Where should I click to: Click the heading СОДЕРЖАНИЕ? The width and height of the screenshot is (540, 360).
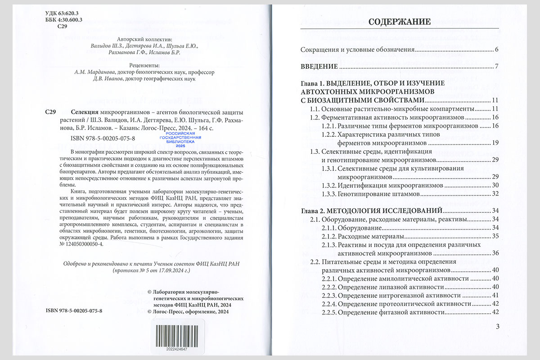399,22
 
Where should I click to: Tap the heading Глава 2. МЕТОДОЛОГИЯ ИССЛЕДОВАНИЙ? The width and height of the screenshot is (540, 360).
371,211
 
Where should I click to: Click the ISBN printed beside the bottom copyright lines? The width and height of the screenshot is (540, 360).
74,311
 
